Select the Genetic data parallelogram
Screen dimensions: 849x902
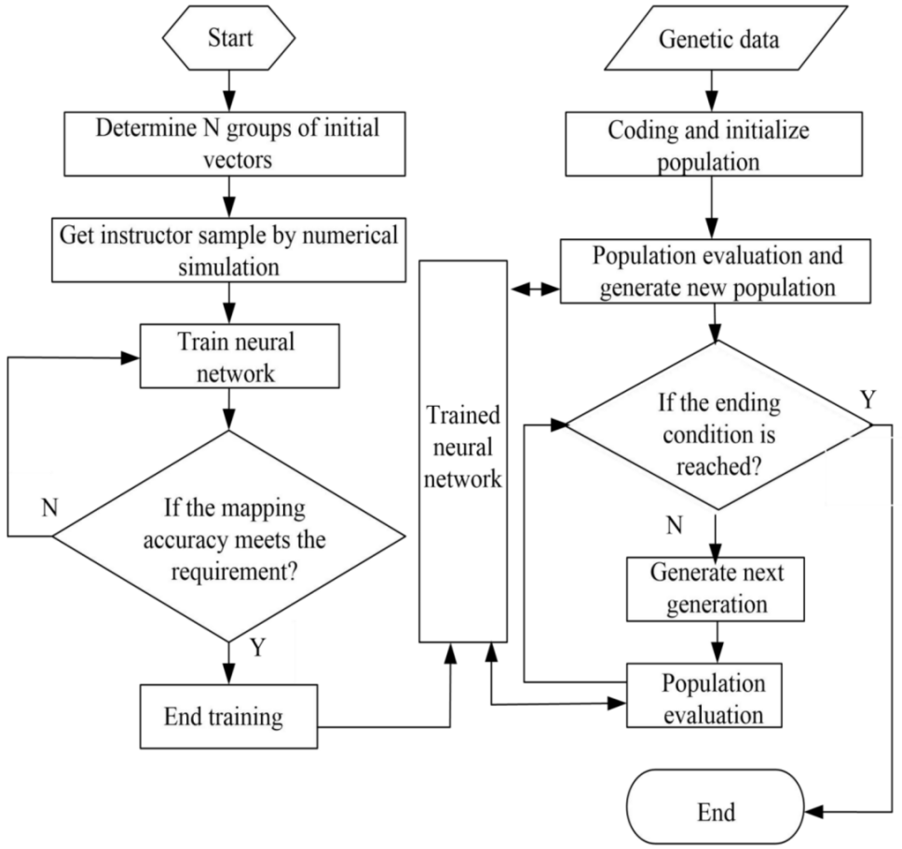[712, 40]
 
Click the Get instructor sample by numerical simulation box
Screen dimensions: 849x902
[229, 249]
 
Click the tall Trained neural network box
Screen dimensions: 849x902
[463, 451]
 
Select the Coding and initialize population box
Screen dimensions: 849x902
[711, 144]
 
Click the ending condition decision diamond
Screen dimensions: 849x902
[719, 425]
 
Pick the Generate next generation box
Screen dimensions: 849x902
[715, 588]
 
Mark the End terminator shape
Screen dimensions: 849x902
[715, 811]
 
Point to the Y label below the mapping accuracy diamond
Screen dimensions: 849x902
[258, 648]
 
